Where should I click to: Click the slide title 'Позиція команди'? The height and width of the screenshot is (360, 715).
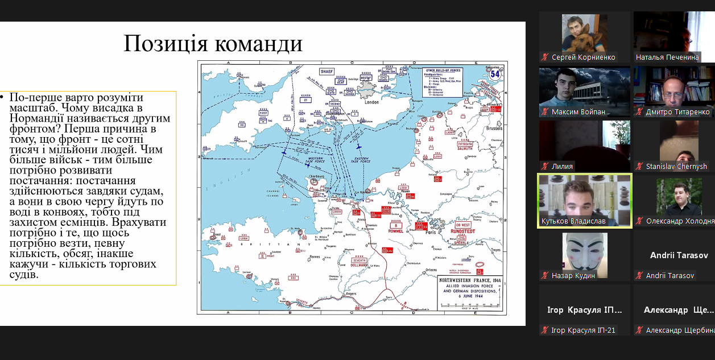coord(213,44)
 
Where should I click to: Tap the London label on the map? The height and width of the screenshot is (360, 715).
coord(372,102)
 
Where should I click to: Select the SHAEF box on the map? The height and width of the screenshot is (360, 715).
coord(326,71)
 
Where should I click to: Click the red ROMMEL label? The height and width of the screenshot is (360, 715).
coord(395,231)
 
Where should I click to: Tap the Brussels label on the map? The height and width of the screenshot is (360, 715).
coord(494,129)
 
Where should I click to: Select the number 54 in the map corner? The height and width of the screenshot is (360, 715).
coord(495,73)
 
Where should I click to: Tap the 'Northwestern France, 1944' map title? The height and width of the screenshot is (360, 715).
coord(469,280)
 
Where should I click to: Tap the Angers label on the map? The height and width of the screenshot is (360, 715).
coord(351,293)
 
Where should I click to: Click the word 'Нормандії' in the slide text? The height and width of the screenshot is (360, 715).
coord(35,118)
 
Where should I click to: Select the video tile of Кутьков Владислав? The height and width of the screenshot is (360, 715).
coord(585,200)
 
